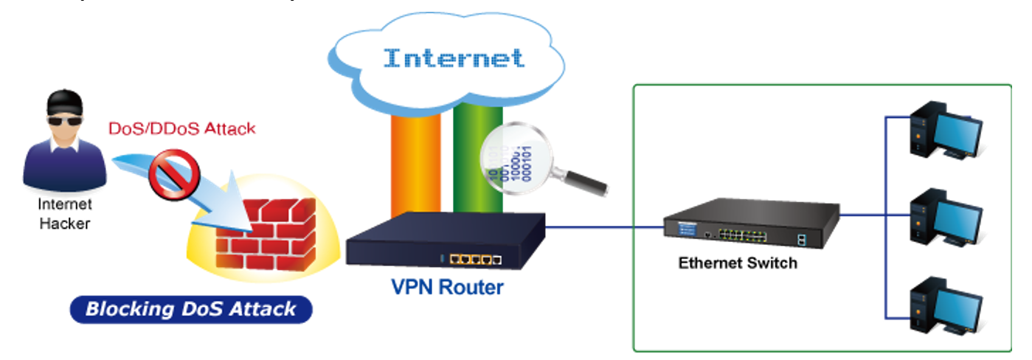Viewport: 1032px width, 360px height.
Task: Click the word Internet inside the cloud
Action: click(x=454, y=58)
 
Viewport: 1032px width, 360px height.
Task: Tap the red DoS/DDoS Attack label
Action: click(x=181, y=128)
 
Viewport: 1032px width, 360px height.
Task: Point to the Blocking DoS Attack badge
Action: click(x=191, y=308)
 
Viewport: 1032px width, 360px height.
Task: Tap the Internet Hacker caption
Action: click(x=65, y=214)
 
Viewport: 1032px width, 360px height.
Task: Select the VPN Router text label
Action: click(x=447, y=286)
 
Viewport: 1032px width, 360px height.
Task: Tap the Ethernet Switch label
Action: click(x=738, y=263)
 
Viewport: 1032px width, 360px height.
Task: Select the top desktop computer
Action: click(x=945, y=131)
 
